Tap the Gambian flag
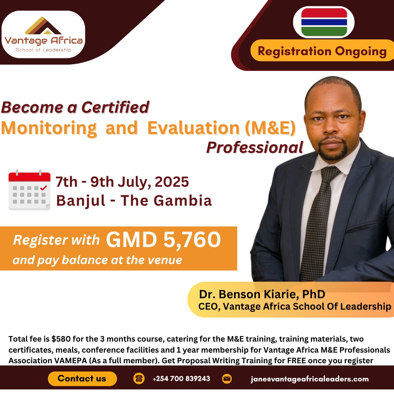324,22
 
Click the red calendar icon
30,190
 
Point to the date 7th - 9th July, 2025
122,182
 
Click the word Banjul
81,201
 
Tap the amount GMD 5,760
163,240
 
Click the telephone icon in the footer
139,379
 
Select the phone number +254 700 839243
181,379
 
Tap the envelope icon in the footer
227,379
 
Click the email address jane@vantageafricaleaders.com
310,379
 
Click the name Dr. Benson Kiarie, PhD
262,294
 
